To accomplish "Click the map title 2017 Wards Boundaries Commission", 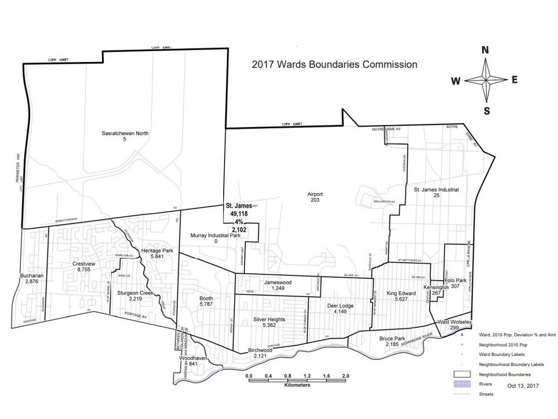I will coord(334,64).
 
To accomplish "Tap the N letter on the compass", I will coord(485,50).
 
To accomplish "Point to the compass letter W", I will coord(456,81).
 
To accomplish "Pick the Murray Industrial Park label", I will coord(215,235).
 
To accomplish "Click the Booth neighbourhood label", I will coord(206,299).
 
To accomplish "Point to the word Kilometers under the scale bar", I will coord(297,385).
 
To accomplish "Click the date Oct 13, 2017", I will coord(523,385).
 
